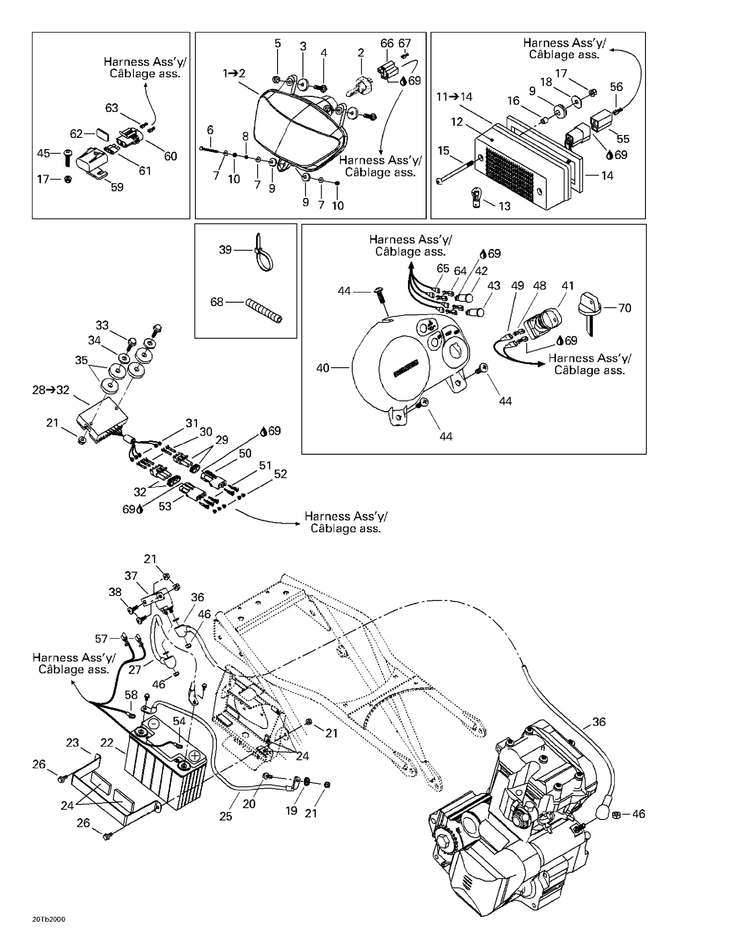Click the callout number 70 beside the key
(x=625, y=308)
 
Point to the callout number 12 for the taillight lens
(x=456, y=122)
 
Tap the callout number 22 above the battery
(x=107, y=743)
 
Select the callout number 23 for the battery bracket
(x=72, y=743)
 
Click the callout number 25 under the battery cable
(x=226, y=816)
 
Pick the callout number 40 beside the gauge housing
(x=323, y=368)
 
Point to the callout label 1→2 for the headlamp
(x=234, y=74)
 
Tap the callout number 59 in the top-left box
(x=117, y=187)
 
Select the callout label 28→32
(x=51, y=390)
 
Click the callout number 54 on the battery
(x=179, y=721)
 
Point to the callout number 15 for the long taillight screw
(x=443, y=151)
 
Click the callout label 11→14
(x=454, y=97)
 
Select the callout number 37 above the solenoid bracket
(x=130, y=576)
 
